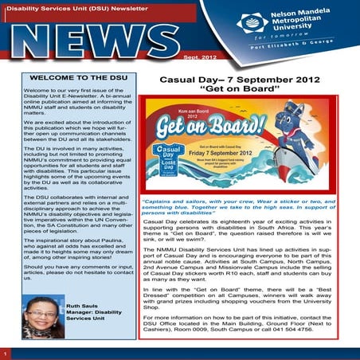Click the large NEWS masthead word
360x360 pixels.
pos(96,42)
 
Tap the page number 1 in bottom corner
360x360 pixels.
pos(6,353)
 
